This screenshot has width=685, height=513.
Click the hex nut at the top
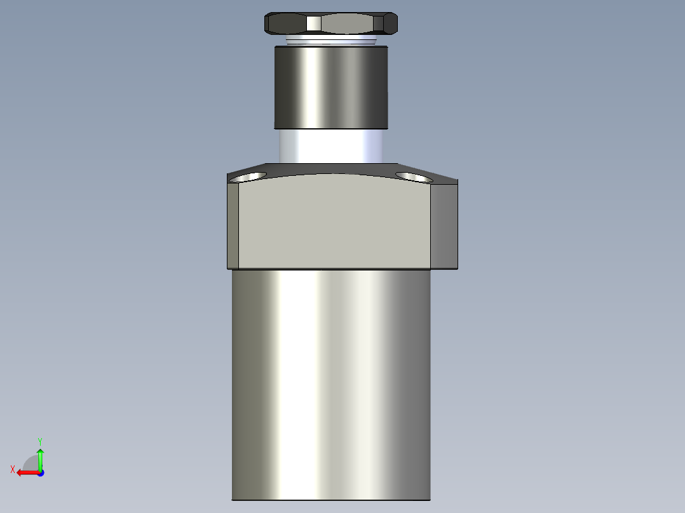(330, 23)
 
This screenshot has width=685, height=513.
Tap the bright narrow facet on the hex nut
(313, 23)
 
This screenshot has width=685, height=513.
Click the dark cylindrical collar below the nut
(330, 87)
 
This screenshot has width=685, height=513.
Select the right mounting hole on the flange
(413, 176)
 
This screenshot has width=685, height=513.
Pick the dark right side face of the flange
(444, 225)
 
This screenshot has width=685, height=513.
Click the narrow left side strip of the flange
(233, 225)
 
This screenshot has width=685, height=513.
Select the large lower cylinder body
(330, 381)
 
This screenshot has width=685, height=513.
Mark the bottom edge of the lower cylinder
(330, 500)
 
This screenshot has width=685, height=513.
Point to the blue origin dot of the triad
(40, 472)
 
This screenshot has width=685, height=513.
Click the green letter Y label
(39, 441)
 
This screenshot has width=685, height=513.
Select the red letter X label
(13, 470)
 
